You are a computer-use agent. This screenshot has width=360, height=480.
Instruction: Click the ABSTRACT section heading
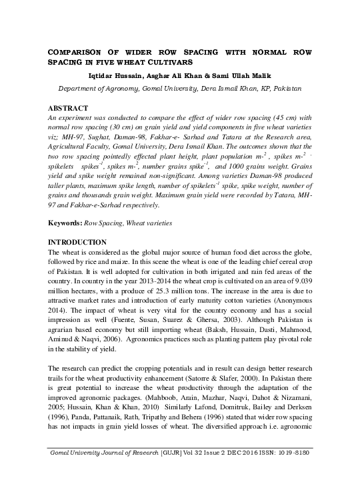click(x=68, y=107)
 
